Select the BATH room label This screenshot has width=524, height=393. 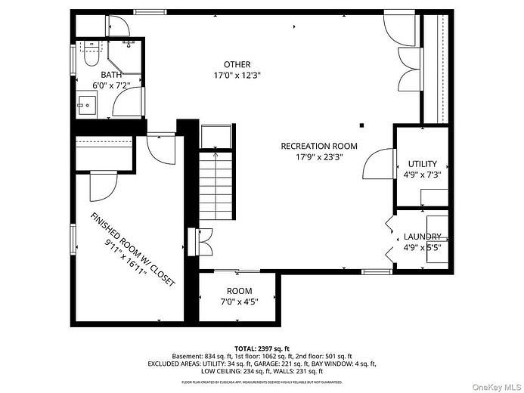[x=112, y=74]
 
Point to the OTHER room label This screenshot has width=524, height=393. [x=237, y=64]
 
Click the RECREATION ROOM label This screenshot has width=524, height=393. [x=318, y=147]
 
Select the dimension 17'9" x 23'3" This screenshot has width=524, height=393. [x=318, y=158]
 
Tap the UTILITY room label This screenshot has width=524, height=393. [x=423, y=164]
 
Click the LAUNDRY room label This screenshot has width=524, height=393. [x=422, y=237]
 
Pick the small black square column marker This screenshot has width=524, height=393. [x=362, y=125]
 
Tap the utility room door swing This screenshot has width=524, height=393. [x=378, y=163]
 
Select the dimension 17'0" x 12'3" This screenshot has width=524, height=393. [x=237, y=76]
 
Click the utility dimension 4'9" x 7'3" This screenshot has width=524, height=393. [x=423, y=175]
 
